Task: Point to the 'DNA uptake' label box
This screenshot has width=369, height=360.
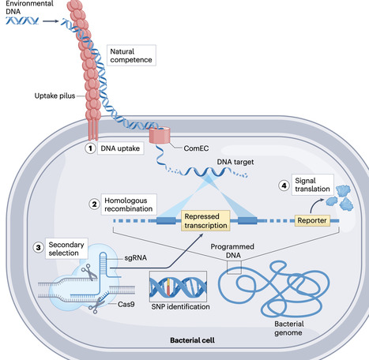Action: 120,148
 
